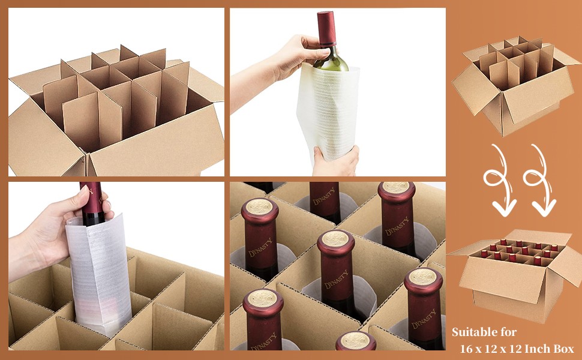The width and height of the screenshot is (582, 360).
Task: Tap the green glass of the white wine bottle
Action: tap(331, 60)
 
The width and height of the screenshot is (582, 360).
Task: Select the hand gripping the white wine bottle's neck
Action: tap(293, 55)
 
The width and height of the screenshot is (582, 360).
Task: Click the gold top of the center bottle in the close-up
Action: tap(335, 239)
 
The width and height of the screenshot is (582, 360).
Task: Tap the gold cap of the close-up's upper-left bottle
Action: tap(260, 206)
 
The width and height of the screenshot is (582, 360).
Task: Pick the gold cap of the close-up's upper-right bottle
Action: tap(396, 188)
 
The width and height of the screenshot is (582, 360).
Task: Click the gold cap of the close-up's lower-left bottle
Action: tap(263, 298)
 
